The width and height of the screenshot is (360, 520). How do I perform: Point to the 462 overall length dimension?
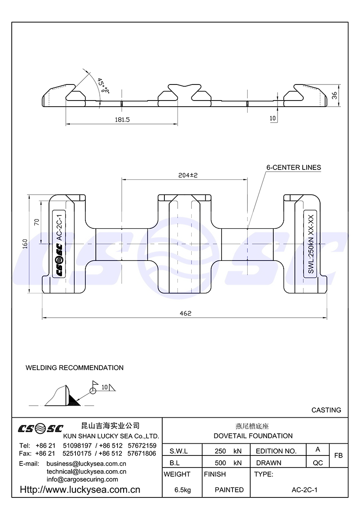(185, 313)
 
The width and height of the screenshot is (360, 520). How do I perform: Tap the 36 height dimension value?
(334, 96)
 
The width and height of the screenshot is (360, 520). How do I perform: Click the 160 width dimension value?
(26, 245)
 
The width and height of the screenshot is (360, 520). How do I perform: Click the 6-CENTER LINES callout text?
(294, 167)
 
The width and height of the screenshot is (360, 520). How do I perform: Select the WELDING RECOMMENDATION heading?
(75, 368)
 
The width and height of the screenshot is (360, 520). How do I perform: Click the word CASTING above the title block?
(326, 410)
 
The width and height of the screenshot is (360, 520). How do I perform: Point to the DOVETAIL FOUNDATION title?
(253, 436)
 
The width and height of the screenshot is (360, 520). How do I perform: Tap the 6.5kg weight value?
(182, 490)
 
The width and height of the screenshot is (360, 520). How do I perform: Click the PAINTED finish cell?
(229, 490)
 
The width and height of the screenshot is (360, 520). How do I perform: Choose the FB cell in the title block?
(339, 455)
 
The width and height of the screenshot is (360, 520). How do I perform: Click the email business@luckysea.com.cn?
(86, 463)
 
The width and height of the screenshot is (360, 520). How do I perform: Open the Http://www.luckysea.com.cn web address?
(80, 490)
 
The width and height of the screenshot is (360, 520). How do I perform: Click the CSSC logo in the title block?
(40, 429)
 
